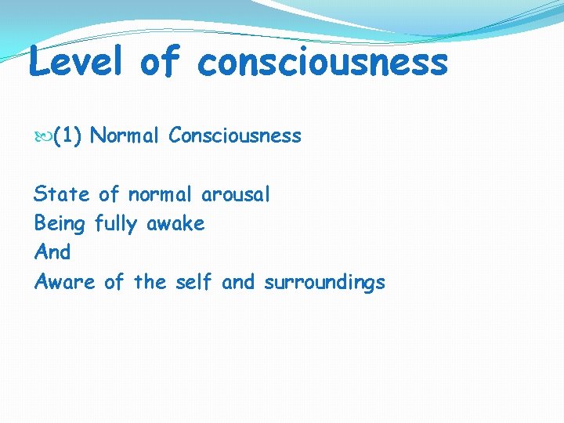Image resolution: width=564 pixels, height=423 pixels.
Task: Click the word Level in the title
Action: (76, 61)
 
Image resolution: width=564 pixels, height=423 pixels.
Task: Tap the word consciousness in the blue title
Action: (323, 63)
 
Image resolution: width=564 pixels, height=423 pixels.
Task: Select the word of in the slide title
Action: (161, 61)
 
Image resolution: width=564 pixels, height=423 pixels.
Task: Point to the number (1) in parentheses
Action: (68, 136)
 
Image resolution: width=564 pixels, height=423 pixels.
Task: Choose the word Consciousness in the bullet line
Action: (235, 136)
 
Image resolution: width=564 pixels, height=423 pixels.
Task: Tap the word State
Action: (61, 194)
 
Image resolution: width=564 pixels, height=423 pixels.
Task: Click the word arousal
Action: (236, 194)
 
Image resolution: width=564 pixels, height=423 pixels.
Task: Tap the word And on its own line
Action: (52, 252)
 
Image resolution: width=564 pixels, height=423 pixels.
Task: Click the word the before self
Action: (150, 282)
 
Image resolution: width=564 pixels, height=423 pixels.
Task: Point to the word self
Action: (193, 282)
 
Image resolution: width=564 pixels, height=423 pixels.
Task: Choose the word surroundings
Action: (324, 283)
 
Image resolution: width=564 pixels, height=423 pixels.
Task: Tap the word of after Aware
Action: (114, 282)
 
